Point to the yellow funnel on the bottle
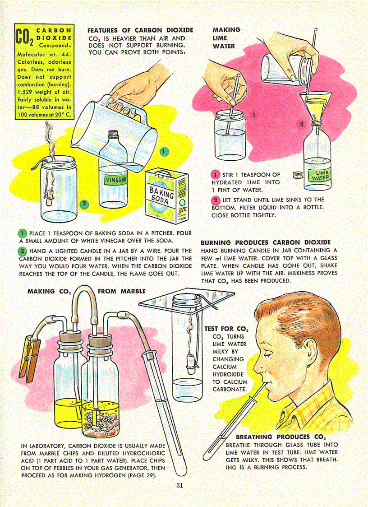pyautogui.click(x=315, y=105)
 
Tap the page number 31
pyautogui.click(x=180, y=486)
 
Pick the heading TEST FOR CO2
pyautogui.click(x=227, y=329)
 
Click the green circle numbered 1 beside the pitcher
pyautogui.click(x=165, y=152)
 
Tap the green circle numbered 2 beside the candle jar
pyautogui.click(x=83, y=205)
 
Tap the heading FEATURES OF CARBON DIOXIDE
pyautogui.click(x=140, y=30)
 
